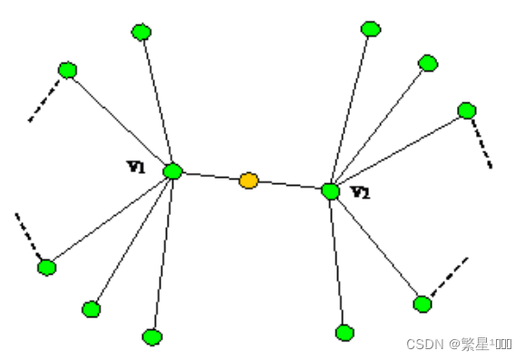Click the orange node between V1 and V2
(x=248, y=181)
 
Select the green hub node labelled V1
(x=173, y=170)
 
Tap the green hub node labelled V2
(x=331, y=191)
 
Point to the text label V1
(x=137, y=166)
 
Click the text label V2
(x=360, y=192)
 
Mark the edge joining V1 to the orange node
(x=210, y=176)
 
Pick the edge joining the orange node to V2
(x=290, y=186)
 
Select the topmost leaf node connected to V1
(x=141, y=33)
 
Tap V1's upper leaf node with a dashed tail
(x=67, y=70)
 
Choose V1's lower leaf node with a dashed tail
(x=47, y=268)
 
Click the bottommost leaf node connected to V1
(x=152, y=337)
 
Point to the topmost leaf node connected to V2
(x=371, y=29)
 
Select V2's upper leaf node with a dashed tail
(x=467, y=111)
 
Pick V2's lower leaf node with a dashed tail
(x=423, y=304)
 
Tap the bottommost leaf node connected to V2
(x=345, y=333)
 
